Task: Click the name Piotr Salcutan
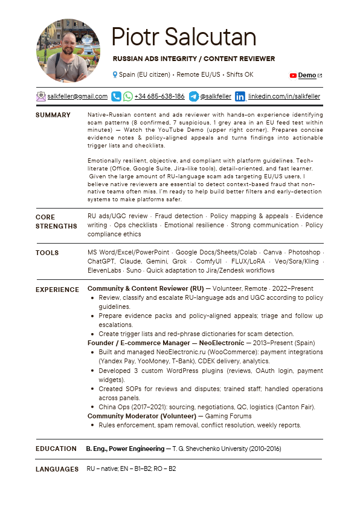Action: click(184, 37)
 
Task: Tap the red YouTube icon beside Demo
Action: click(293, 76)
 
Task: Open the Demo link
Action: click(307, 76)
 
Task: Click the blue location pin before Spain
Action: click(115, 74)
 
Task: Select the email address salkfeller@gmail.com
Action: click(77, 96)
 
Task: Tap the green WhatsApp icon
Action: click(127, 96)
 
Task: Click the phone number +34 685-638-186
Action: click(159, 96)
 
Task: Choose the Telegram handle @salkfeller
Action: click(216, 96)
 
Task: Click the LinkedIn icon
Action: click(240, 96)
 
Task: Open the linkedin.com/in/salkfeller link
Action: click(284, 96)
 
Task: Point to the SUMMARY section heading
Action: click(53, 115)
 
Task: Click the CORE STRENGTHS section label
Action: click(56, 221)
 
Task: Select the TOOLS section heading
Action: click(47, 253)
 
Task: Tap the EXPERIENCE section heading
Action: click(57, 290)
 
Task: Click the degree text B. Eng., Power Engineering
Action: click(125, 449)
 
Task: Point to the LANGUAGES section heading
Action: click(57, 469)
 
